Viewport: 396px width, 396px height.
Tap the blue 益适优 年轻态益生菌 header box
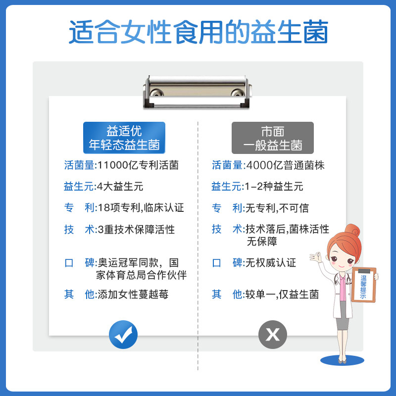124,138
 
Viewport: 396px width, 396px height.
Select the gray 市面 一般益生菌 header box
273,138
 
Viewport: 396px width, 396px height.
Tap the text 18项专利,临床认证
140,208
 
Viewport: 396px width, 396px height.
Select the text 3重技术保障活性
136,229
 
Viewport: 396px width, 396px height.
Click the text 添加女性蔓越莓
133,294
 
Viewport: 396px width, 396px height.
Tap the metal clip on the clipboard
198,92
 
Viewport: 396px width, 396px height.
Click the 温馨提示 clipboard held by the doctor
364,286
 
